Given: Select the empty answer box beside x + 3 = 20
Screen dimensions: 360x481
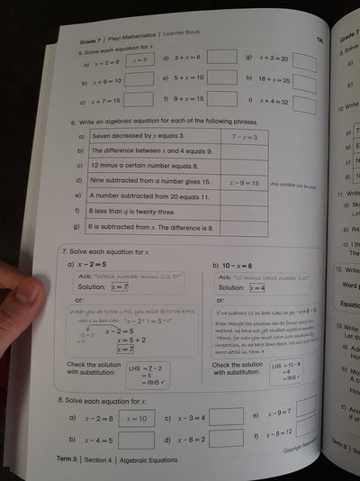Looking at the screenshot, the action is [x=304, y=62].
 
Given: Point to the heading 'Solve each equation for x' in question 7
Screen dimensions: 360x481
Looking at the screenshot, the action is [x=108, y=250].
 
